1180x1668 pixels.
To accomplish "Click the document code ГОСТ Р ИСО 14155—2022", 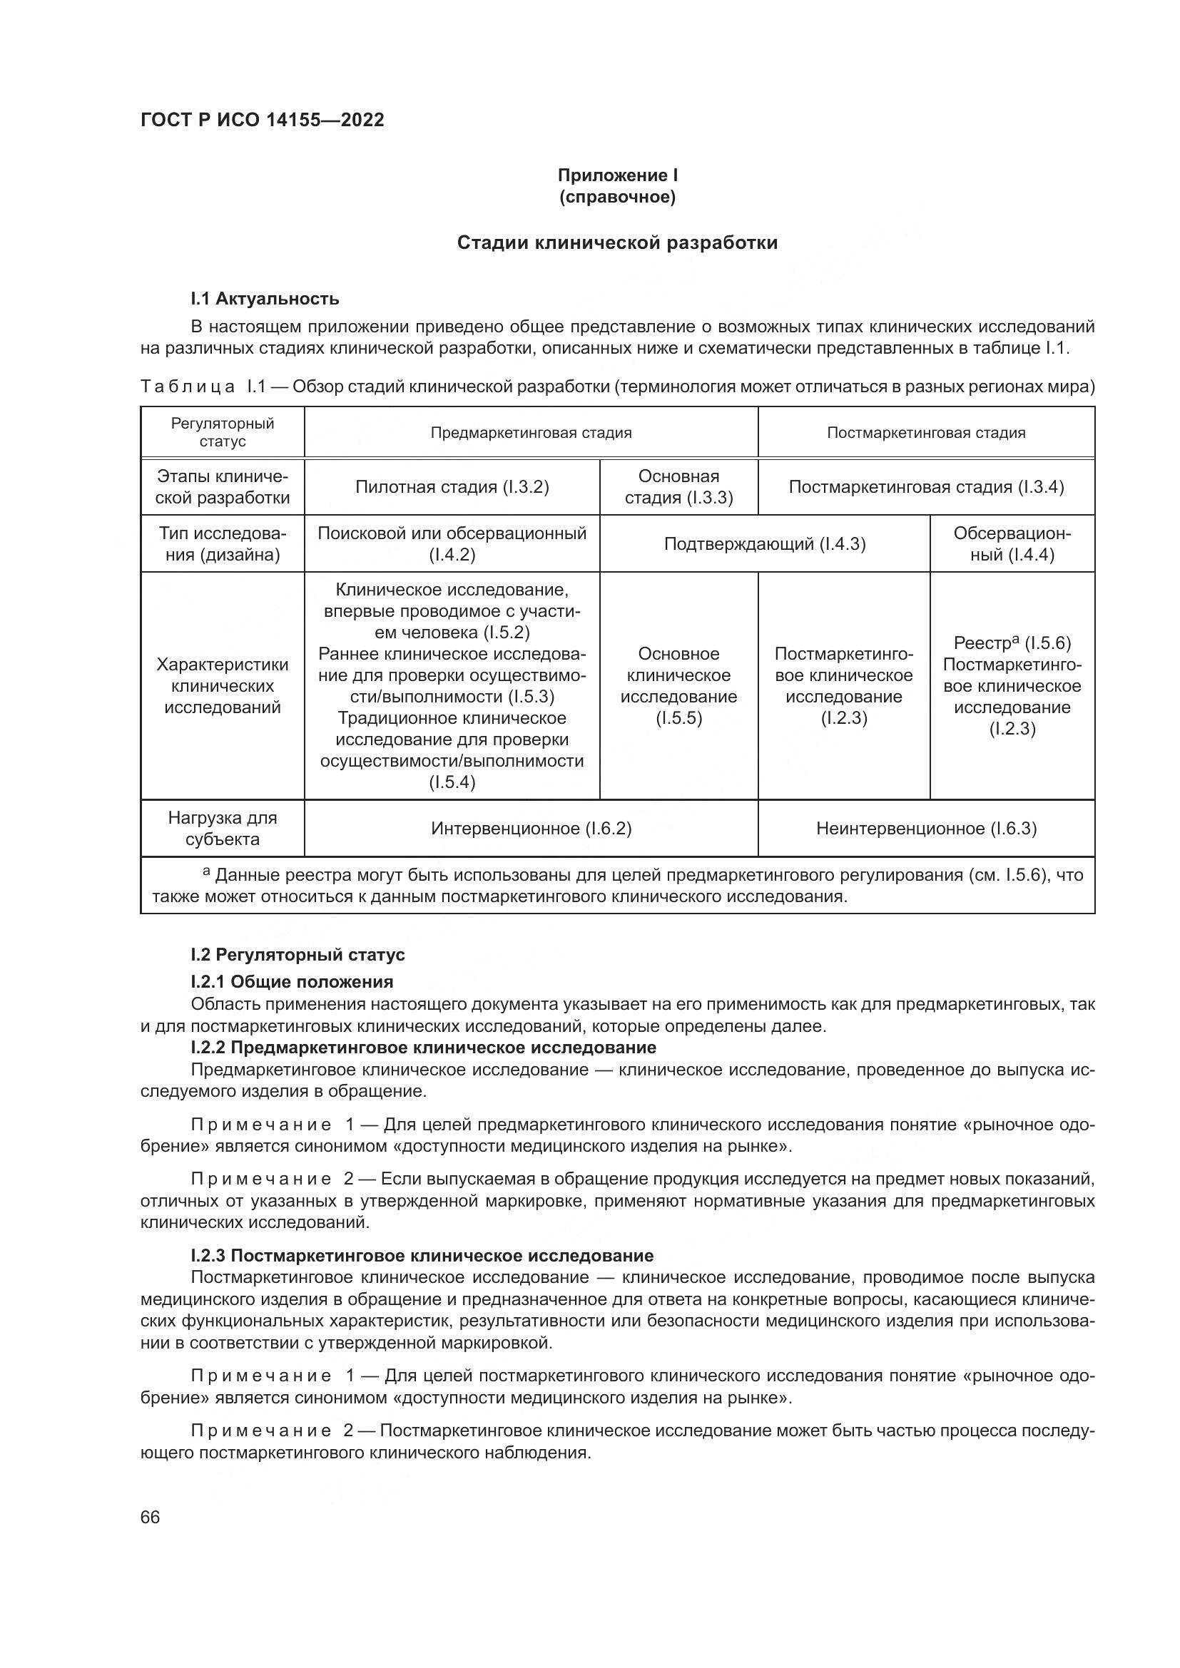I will coord(262,120).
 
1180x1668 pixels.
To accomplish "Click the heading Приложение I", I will coord(617,175).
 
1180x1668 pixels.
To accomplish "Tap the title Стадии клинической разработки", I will coord(617,242).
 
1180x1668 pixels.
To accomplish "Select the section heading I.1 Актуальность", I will coord(265,299).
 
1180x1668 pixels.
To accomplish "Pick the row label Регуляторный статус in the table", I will coord(223,432).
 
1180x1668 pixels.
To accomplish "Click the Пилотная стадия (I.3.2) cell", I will coord(452,487).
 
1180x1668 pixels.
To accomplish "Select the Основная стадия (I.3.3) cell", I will coord(678,487).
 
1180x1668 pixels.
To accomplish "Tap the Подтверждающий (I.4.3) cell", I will coord(764,544).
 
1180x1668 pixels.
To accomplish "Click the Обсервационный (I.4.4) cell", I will coord(1012,544).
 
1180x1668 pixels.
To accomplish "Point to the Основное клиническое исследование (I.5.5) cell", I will coord(678,686).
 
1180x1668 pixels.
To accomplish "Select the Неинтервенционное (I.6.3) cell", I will coord(926,828).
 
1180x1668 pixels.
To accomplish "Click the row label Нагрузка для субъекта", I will coord(223,828).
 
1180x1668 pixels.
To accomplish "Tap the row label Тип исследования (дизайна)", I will coord(223,544).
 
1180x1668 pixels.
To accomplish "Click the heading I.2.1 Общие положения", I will coord(291,982).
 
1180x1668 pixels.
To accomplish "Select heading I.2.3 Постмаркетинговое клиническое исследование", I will coord(422,1255).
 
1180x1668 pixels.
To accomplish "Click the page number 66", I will coord(150,1518).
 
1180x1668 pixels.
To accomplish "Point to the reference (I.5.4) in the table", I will coord(452,782).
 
